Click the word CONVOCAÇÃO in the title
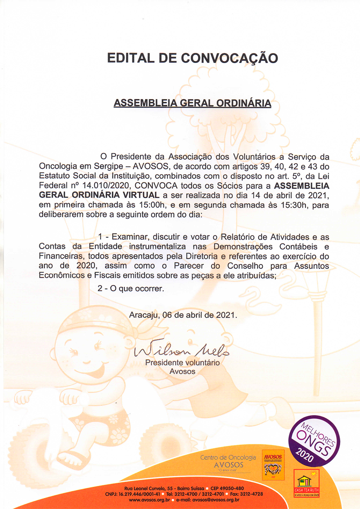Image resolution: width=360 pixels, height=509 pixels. (229, 58)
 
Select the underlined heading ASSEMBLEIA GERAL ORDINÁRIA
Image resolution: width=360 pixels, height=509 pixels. (192, 103)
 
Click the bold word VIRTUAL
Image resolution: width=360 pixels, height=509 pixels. (141, 195)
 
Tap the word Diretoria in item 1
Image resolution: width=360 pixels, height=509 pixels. (202, 256)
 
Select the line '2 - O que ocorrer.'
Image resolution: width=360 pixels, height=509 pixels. (131, 288)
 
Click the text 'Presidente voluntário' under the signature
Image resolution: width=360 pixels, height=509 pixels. (182, 363)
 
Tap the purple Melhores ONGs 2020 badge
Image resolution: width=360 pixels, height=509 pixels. (314, 441)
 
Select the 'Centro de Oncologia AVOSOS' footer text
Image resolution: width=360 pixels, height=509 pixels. (228, 461)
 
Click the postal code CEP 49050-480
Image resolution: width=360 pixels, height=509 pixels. (227, 488)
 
